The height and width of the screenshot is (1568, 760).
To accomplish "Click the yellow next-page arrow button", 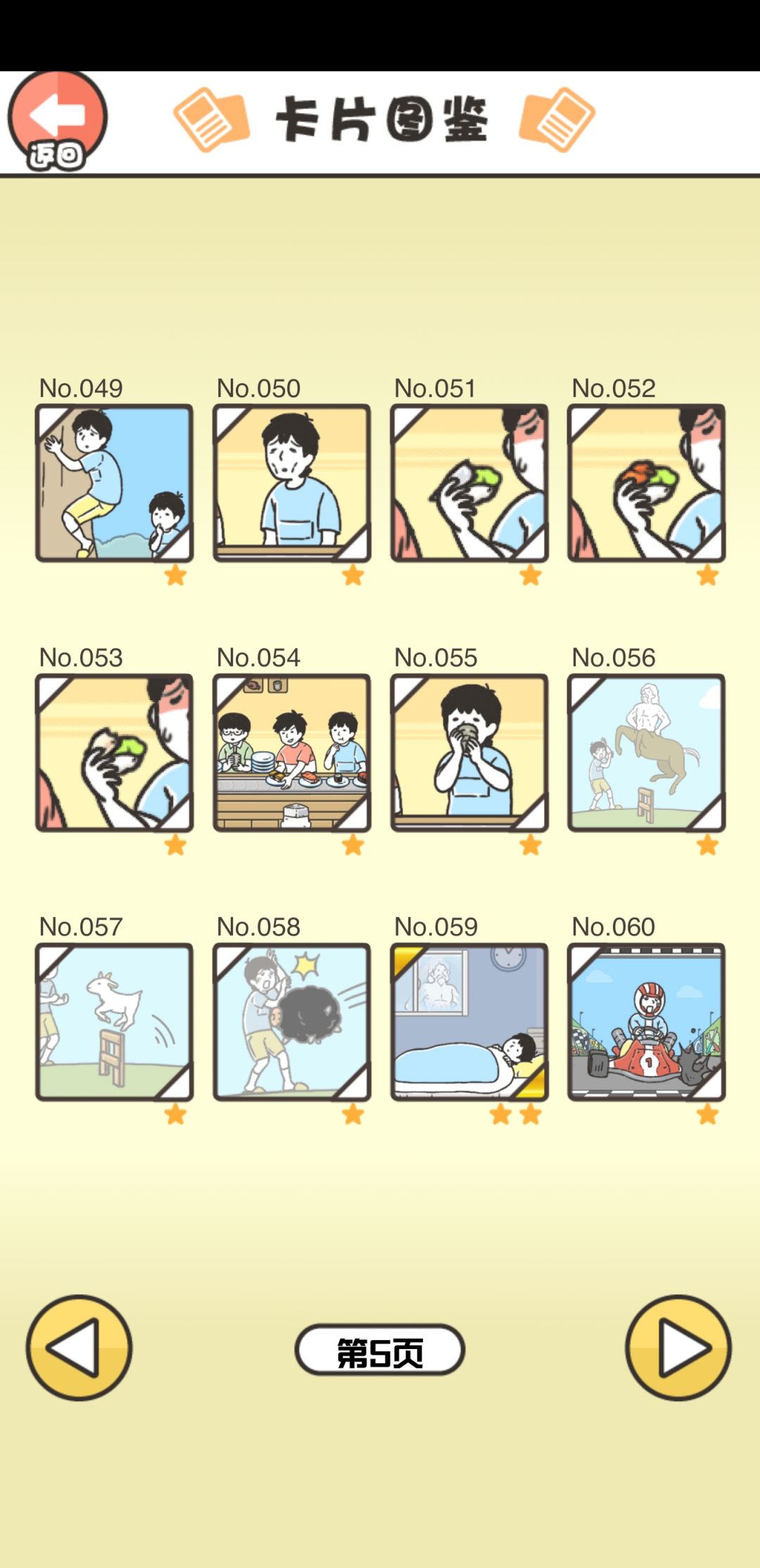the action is click(x=678, y=1348).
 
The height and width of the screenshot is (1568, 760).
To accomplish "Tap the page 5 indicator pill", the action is click(x=380, y=1350).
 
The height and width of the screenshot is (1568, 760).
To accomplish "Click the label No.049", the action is click(x=81, y=388).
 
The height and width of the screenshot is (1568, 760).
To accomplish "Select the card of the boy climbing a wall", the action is click(x=114, y=483).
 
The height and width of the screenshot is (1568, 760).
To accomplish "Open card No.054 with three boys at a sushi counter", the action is click(x=291, y=752).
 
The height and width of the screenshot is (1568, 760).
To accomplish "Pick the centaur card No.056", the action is click(x=647, y=752).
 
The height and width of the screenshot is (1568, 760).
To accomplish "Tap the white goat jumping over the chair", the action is click(x=115, y=1000).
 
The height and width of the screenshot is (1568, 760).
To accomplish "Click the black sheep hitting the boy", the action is click(x=307, y=1013).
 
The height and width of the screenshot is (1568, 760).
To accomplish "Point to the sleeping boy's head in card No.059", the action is click(x=519, y=1047).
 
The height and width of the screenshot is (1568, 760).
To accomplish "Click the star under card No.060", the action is click(x=707, y=1114).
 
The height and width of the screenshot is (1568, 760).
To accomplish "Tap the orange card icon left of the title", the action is click(x=211, y=120).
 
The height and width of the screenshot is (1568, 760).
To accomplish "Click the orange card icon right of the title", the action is click(x=557, y=120).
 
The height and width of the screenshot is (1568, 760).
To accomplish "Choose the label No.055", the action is click(x=436, y=657).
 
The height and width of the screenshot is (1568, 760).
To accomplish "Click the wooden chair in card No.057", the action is click(x=110, y=1056).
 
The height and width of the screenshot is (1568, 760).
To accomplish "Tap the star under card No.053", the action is click(x=175, y=845).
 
